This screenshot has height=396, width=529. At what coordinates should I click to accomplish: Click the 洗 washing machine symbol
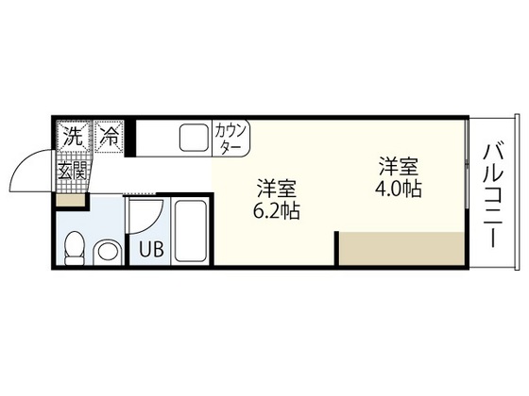point(72,136)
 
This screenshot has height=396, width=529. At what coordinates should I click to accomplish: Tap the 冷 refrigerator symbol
point(111,136)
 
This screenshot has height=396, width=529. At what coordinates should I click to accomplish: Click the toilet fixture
point(74,246)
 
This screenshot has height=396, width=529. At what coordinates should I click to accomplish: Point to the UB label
point(150,251)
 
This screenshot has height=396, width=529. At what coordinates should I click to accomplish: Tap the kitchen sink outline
point(194,140)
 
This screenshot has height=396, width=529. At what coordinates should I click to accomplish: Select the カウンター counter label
point(231,139)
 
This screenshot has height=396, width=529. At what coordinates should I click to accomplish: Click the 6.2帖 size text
point(277,212)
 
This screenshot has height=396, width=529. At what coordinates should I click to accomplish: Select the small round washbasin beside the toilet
point(109,252)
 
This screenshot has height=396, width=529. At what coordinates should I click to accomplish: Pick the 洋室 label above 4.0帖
point(398,167)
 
